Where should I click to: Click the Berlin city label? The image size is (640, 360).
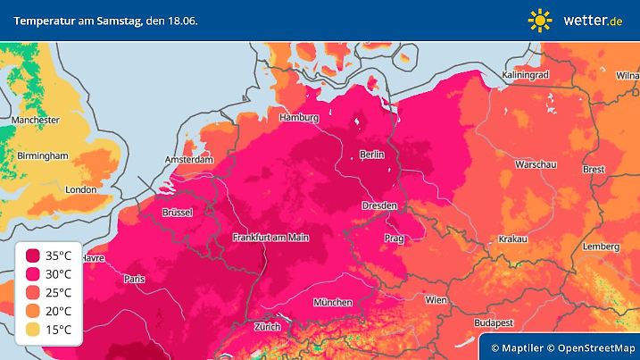pos(371,155)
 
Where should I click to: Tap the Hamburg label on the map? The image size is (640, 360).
pos(298,118)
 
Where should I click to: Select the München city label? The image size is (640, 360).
pos(332,303)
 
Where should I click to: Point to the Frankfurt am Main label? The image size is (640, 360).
pos(270,238)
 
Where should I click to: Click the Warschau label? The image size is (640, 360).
pos(536,165)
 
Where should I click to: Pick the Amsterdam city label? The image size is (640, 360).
pos(188,160)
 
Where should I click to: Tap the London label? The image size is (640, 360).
pos(80,189)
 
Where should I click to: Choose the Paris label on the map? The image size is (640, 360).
pos(134,279)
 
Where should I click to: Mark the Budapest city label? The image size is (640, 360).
pos(492,322)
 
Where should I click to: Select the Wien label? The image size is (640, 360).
pos(436,300)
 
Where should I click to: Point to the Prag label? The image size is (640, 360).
pos(394,239)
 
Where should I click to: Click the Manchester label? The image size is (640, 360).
pos(36,120)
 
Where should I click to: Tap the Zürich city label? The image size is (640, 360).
pos(267,327)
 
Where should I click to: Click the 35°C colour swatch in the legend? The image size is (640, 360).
pos(33,255)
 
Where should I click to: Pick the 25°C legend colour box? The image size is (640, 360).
pos(33,293)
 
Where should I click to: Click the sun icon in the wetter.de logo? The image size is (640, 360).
pos(541,20)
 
